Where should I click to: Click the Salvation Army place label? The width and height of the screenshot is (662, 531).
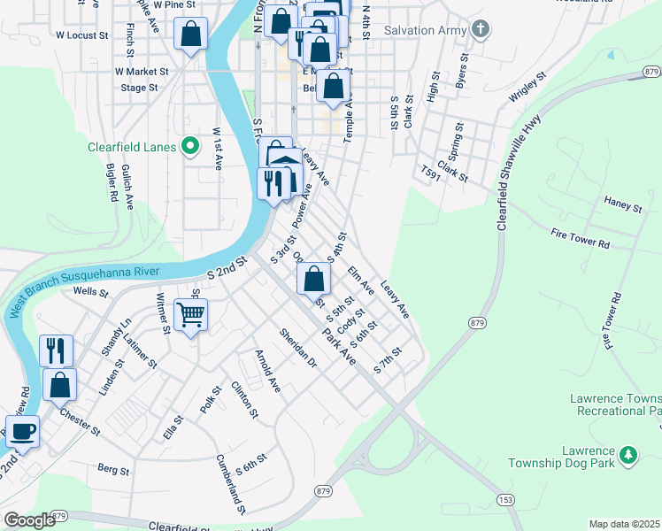(425, 30)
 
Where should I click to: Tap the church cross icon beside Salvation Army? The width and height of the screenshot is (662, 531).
(480, 30)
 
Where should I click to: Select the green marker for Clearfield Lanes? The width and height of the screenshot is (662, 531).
(189, 147)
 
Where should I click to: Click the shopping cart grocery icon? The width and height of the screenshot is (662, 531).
(191, 314)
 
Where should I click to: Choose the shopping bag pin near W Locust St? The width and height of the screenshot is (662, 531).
(191, 35)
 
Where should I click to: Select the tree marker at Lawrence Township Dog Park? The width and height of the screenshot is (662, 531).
(628, 455)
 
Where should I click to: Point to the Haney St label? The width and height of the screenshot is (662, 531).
(622, 207)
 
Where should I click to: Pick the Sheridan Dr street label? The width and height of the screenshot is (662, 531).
(297, 349)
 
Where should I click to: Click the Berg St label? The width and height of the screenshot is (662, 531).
(113, 467)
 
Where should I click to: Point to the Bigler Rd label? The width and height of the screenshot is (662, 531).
(112, 185)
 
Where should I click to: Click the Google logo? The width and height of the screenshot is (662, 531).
(28, 520)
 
